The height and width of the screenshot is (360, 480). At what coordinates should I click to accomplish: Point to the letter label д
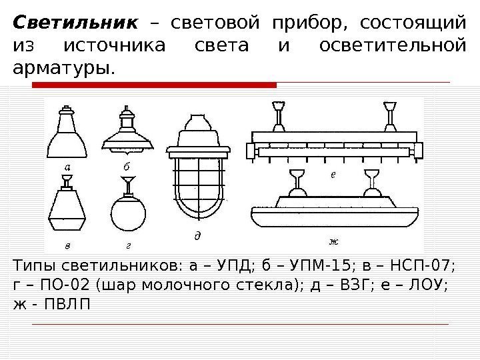[197, 237]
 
